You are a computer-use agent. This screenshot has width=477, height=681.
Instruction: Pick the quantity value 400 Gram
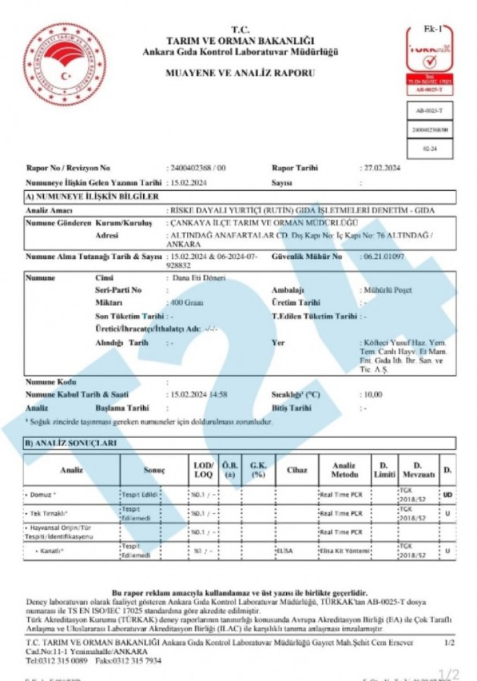click(185, 302)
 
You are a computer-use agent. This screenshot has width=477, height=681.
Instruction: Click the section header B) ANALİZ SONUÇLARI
click(72, 443)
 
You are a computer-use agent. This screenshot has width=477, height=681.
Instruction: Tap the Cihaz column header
click(296, 470)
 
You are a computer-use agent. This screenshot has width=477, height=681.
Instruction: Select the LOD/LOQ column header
click(204, 470)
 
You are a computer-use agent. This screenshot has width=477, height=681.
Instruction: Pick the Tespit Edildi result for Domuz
click(139, 492)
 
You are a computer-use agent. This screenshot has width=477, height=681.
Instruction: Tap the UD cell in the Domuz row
click(447, 493)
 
